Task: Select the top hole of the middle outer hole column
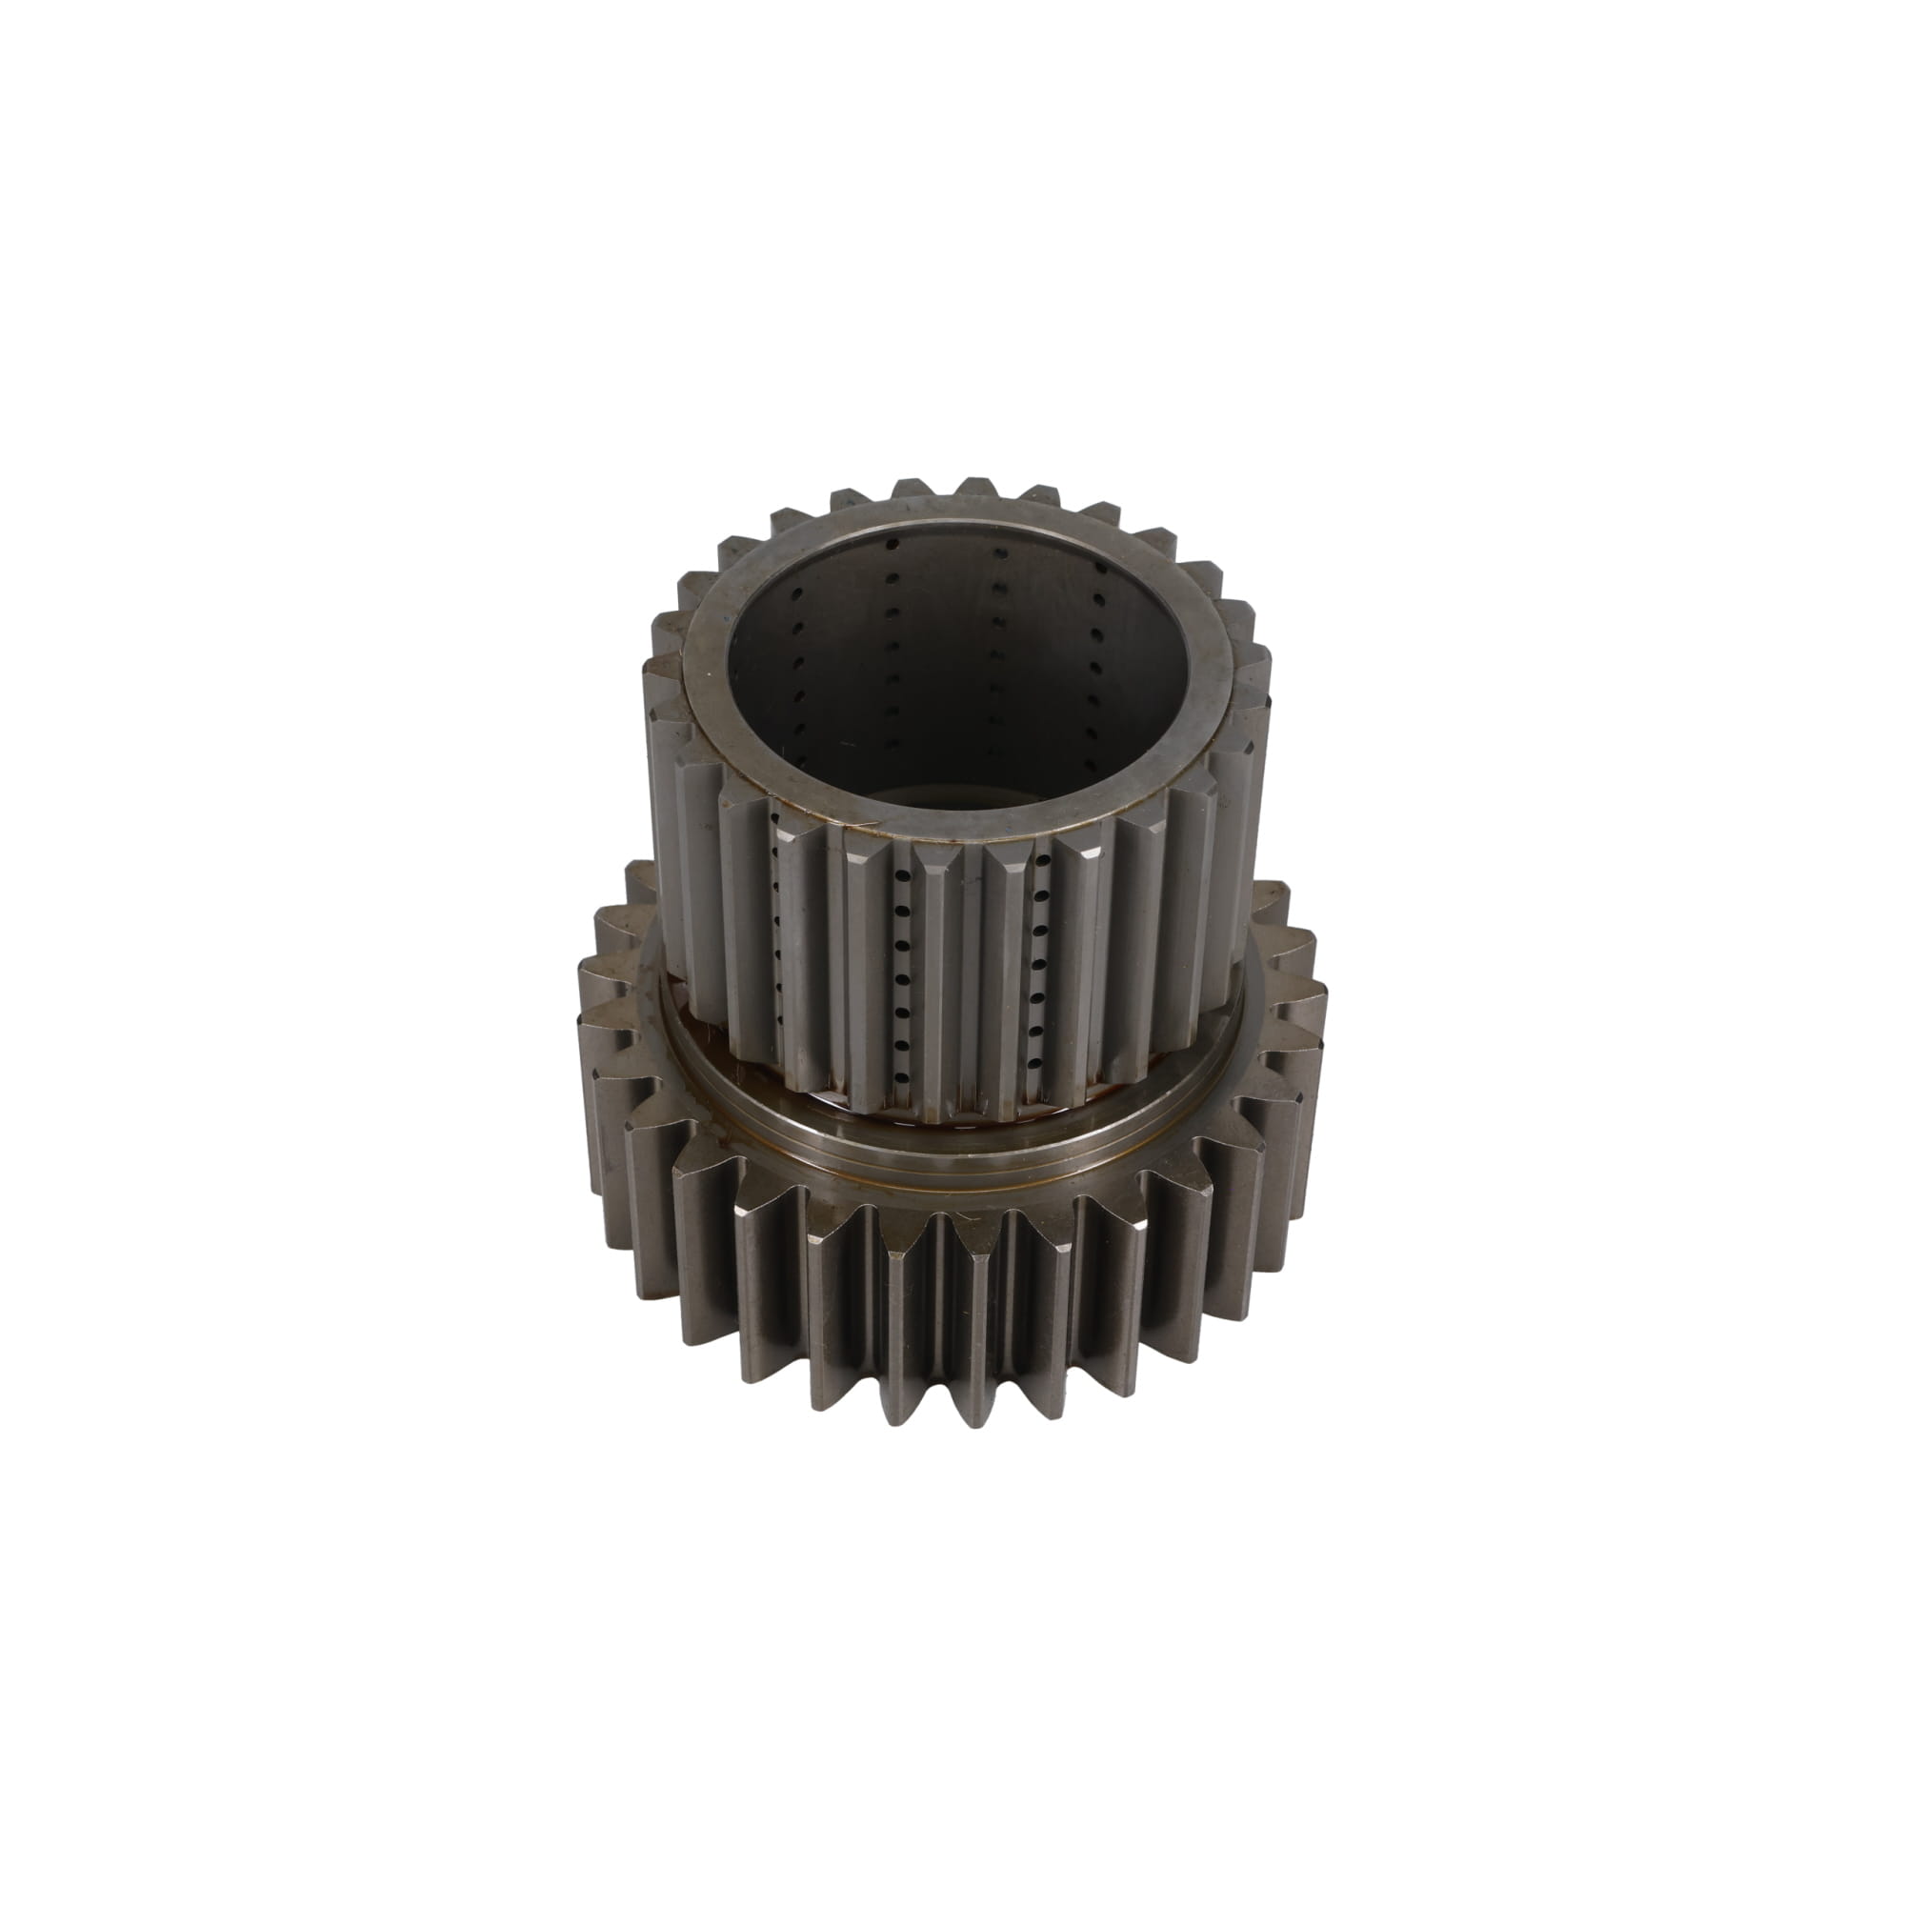click(899, 873)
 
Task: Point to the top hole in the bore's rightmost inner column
click(1096, 597)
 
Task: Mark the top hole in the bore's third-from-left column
click(998, 553)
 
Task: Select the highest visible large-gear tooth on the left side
click(641, 872)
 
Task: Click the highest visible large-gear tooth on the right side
click(1272, 892)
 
